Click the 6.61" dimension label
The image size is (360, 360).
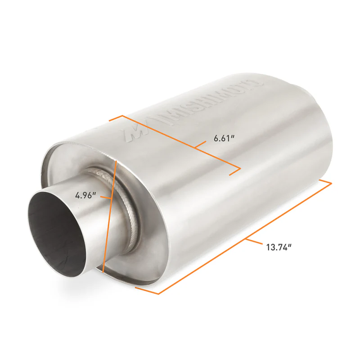click(225, 139)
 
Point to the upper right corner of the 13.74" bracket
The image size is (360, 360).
click(331, 183)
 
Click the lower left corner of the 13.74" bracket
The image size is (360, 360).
click(158, 294)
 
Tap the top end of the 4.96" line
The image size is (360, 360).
click(117, 160)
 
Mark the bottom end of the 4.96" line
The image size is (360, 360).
click(103, 273)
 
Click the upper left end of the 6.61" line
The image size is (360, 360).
click(122, 116)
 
